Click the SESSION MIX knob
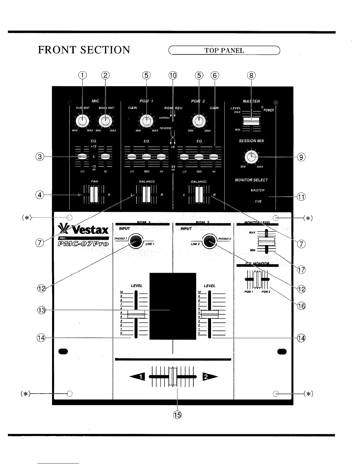(x=251, y=157)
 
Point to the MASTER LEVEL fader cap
(x=251, y=121)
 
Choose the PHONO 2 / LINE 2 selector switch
(x=209, y=240)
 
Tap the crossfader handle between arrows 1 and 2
(x=173, y=377)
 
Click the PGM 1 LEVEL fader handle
(x=136, y=314)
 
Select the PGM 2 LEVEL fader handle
(x=209, y=314)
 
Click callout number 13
(x=42, y=310)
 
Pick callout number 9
(x=301, y=157)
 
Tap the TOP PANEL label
(x=224, y=51)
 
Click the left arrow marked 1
(x=137, y=377)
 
